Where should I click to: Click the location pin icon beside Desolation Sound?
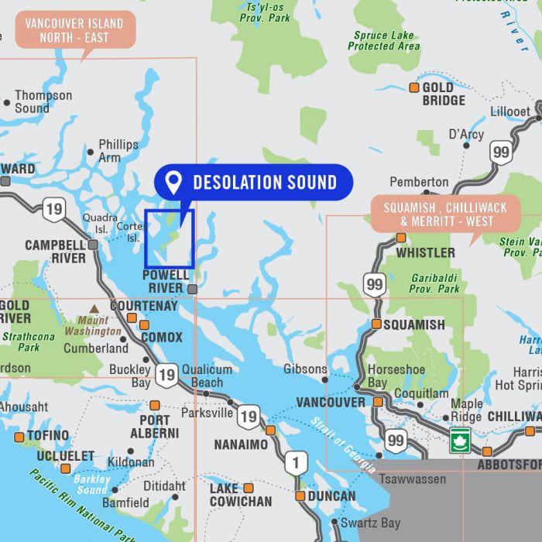[x=173, y=183]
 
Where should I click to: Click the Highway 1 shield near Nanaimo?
[x=295, y=463]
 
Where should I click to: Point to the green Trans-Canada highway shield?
[x=460, y=439]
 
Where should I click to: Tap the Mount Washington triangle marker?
[x=94, y=308]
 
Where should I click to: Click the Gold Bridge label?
[x=444, y=94]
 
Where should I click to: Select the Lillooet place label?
[x=510, y=111]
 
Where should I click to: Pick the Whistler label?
[x=425, y=252]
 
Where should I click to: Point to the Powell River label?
[x=165, y=281]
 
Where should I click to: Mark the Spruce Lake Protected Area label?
[x=383, y=41]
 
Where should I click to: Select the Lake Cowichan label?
[x=241, y=495]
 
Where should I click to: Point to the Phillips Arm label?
[x=118, y=150]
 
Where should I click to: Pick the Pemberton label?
[x=419, y=182]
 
